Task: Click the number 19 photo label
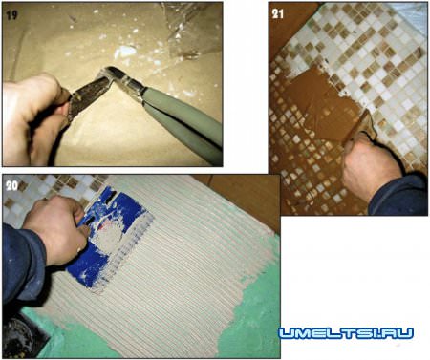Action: pyautogui.click(x=11, y=15)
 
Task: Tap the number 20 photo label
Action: pyautogui.click(x=11, y=185)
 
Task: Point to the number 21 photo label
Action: pyautogui.click(x=278, y=13)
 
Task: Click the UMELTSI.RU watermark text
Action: pyautogui.click(x=346, y=333)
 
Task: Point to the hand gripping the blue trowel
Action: pyautogui.click(x=57, y=227)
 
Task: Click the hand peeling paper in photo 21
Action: pyautogui.click(x=371, y=162)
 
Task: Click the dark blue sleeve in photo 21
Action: pyautogui.click(x=399, y=195)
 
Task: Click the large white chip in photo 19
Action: pyautogui.click(x=126, y=51)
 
